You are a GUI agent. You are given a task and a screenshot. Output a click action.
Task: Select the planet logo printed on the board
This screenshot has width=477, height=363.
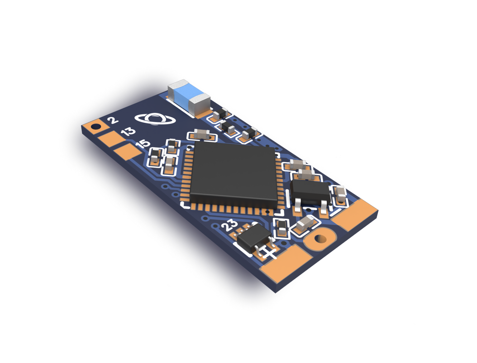click(155, 119)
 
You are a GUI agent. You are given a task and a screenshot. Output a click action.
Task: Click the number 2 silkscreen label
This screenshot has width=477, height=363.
click(113, 120)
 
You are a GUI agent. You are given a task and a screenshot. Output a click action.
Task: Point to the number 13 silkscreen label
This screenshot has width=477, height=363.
click(128, 131)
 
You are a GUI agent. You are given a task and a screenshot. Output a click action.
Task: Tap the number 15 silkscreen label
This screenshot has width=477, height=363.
click(143, 143)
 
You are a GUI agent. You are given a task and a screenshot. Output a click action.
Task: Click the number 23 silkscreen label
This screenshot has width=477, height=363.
click(230, 225)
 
